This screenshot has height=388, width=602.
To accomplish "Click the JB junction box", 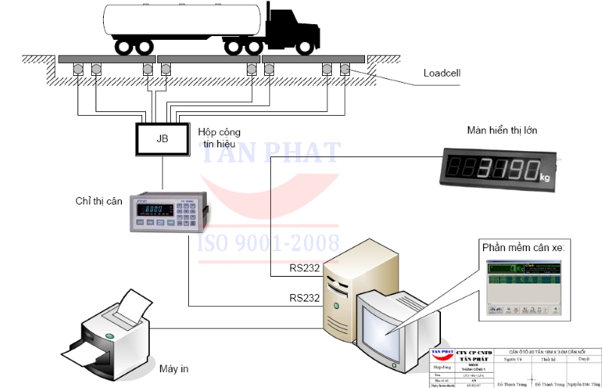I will pyautogui.click(x=162, y=138).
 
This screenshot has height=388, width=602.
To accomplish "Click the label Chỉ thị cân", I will pyautogui.click(x=99, y=201).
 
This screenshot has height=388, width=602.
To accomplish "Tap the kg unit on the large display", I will pyautogui.click(x=546, y=178).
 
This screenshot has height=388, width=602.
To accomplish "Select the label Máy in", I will pyautogui.click(x=173, y=368).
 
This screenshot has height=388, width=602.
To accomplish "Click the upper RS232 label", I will pyautogui.click(x=305, y=267).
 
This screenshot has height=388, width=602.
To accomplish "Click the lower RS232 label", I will pyautogui.click(x=305, y=298).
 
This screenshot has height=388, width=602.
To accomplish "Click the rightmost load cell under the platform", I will pyautogui.click(x=345, y=70).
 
